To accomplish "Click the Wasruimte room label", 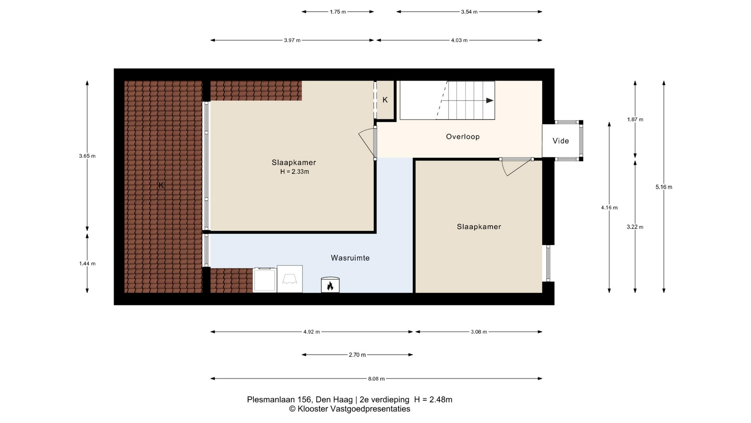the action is pyautogui.click(x=350, y=258).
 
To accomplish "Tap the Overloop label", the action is pyautogui.click(x=463, y=137).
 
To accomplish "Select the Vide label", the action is pyautogui.click(x=561, y=141).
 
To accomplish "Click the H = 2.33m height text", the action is pyautogui.click(x=295, y=172).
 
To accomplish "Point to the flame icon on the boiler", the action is pyautogui.click(x=330, y=286).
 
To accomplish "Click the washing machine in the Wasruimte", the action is pyautogui.click(x=265, y=280).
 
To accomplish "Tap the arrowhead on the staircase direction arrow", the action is pyautogui.click(x=490, y=101).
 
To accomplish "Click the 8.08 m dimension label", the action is pyautogui.click(x=376, y=379).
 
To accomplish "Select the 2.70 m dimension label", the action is pyautogui.click(x=357, y=355).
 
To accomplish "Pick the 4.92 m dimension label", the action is pyautogui.click(x=311, y=332).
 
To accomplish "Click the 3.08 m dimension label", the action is pyautogui.click(x=479, y=332).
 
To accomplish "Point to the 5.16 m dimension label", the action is pyautogui.click(x=664, y=187).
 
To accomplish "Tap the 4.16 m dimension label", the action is pyautogui.click(x=609, y=208).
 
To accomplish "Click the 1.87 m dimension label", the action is pyautogui.click(x=635, y=119).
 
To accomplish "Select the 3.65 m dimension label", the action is pyautogui.click(x=87, y=156).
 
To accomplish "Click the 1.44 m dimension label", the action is pyautogui.click(x=87, y=264).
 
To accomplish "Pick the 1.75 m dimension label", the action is pyautogui.click(x=338, y=12).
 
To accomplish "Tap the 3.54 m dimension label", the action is pyautogui.click(x=469, y=12).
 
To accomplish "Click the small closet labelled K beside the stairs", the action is pyautogui.click(x=385, y=100).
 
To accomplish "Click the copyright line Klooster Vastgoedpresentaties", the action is pyautogui.click(x=350, y=409).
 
